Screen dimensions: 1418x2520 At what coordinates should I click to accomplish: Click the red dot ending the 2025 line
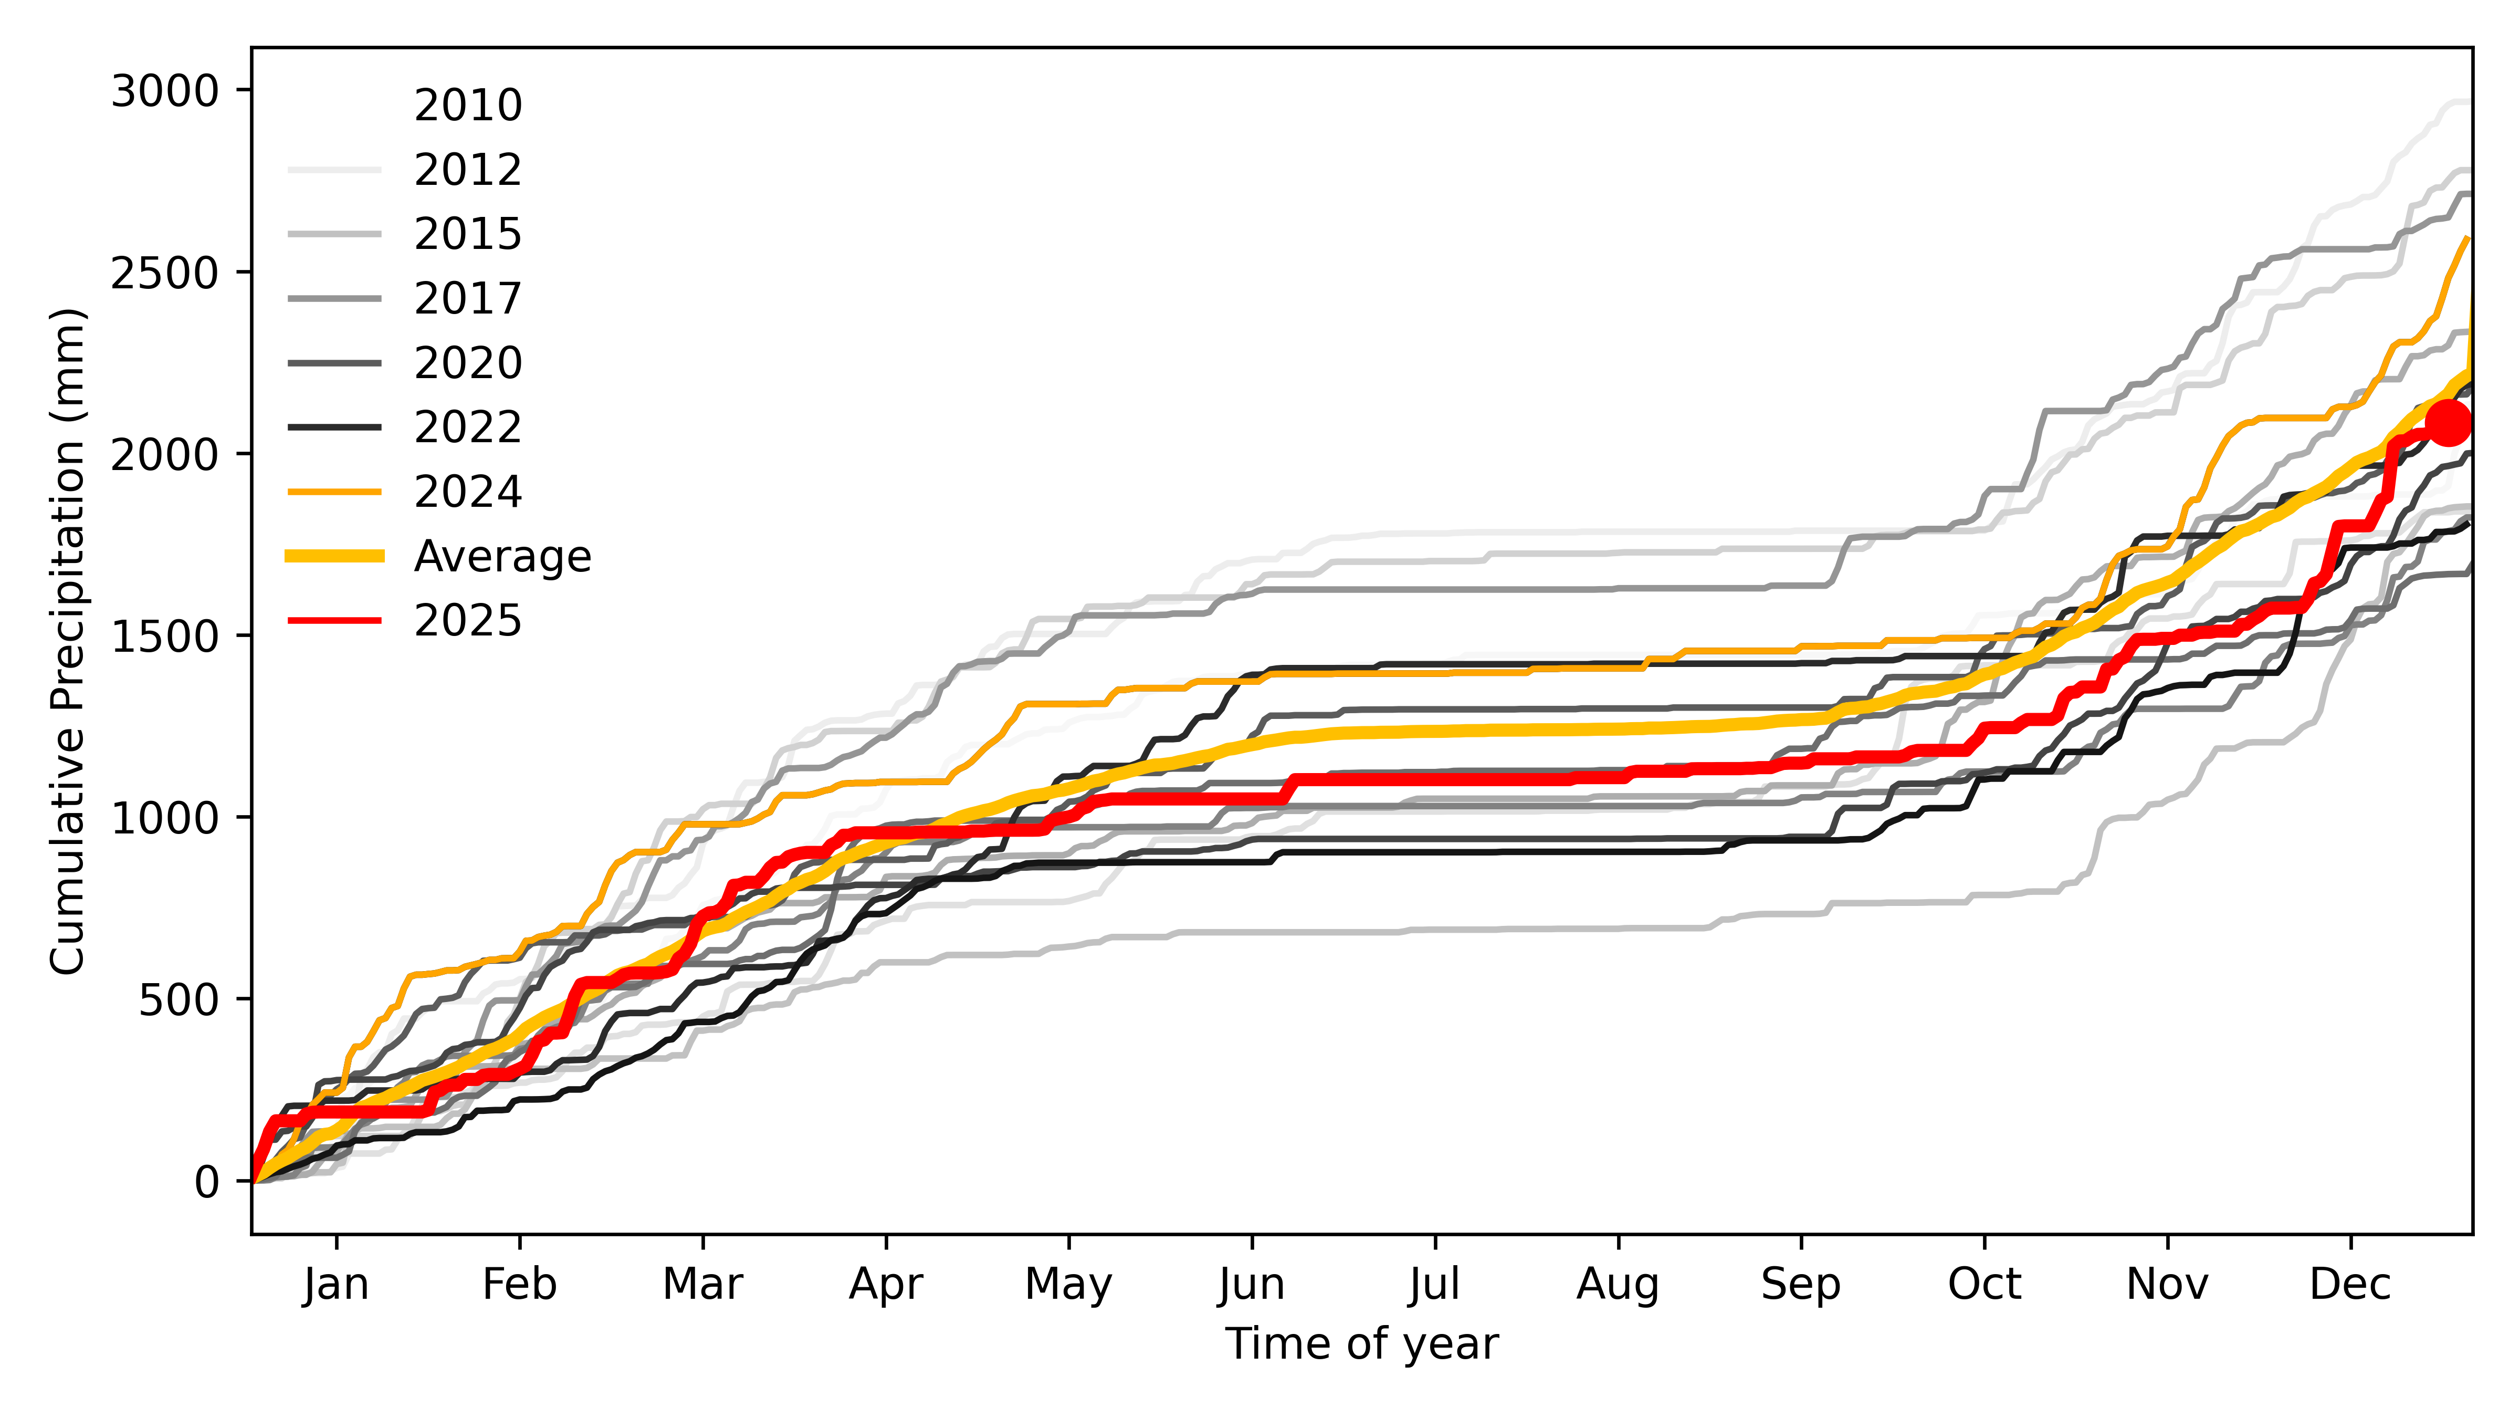click(x=2449, y=423)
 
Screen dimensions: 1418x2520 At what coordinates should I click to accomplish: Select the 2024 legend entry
click(x=468, y=491)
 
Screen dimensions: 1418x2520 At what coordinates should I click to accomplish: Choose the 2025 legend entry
click(x=468, y=620)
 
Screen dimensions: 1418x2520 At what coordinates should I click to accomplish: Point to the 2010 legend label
click(x=468, y=105)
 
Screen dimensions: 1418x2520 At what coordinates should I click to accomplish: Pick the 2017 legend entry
click(x=468, y=297)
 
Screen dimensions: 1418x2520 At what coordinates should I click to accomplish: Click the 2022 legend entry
click(x=468, y=426)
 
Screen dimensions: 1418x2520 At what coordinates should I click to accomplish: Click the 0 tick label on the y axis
click(x=206, y=1182)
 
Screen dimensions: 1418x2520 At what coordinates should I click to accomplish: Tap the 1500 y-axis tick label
click(x=164, y=636)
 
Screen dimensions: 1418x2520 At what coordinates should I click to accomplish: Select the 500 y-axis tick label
click(x=178, y=1000)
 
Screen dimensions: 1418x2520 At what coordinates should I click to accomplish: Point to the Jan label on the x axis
click(x=337, y=1284)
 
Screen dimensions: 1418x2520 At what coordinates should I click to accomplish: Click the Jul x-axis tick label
click(x=1435, y=1284)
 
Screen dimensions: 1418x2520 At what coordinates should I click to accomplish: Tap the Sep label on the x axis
click(x=1801, y=1284)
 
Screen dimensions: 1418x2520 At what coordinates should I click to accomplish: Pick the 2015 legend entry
click(x=468, y=234)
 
